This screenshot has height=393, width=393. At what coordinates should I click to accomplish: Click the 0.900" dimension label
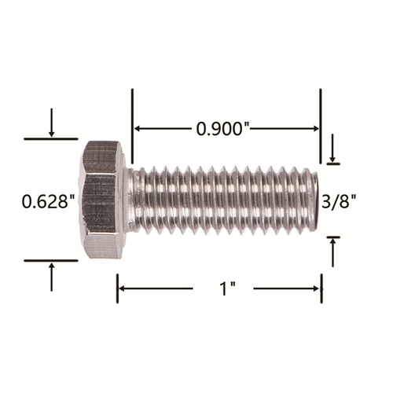pyautogui.click(x=222, y=129)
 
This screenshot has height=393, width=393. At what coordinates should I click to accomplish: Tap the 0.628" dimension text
pyautogui.click(x=49, y=201)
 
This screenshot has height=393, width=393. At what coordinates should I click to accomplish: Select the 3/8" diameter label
pyautogui.click(x=339, y=201)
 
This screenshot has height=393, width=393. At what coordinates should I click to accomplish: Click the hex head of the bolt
pyautogui.click(x=101, y=200)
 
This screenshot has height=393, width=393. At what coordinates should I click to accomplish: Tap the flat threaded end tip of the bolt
pyautogui.click(x=315, y=201)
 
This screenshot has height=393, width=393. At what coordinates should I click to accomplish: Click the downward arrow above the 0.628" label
pyautogui.click(x=52, y=123)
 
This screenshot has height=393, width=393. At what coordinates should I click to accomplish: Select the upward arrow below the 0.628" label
pyautogui.click(x=52, y=277)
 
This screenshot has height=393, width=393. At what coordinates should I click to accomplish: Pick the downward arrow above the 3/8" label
pyautogui.click(x=332, y=148)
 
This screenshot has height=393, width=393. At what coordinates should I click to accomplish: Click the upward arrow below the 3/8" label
pyautogui.click(x=332, y=252)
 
